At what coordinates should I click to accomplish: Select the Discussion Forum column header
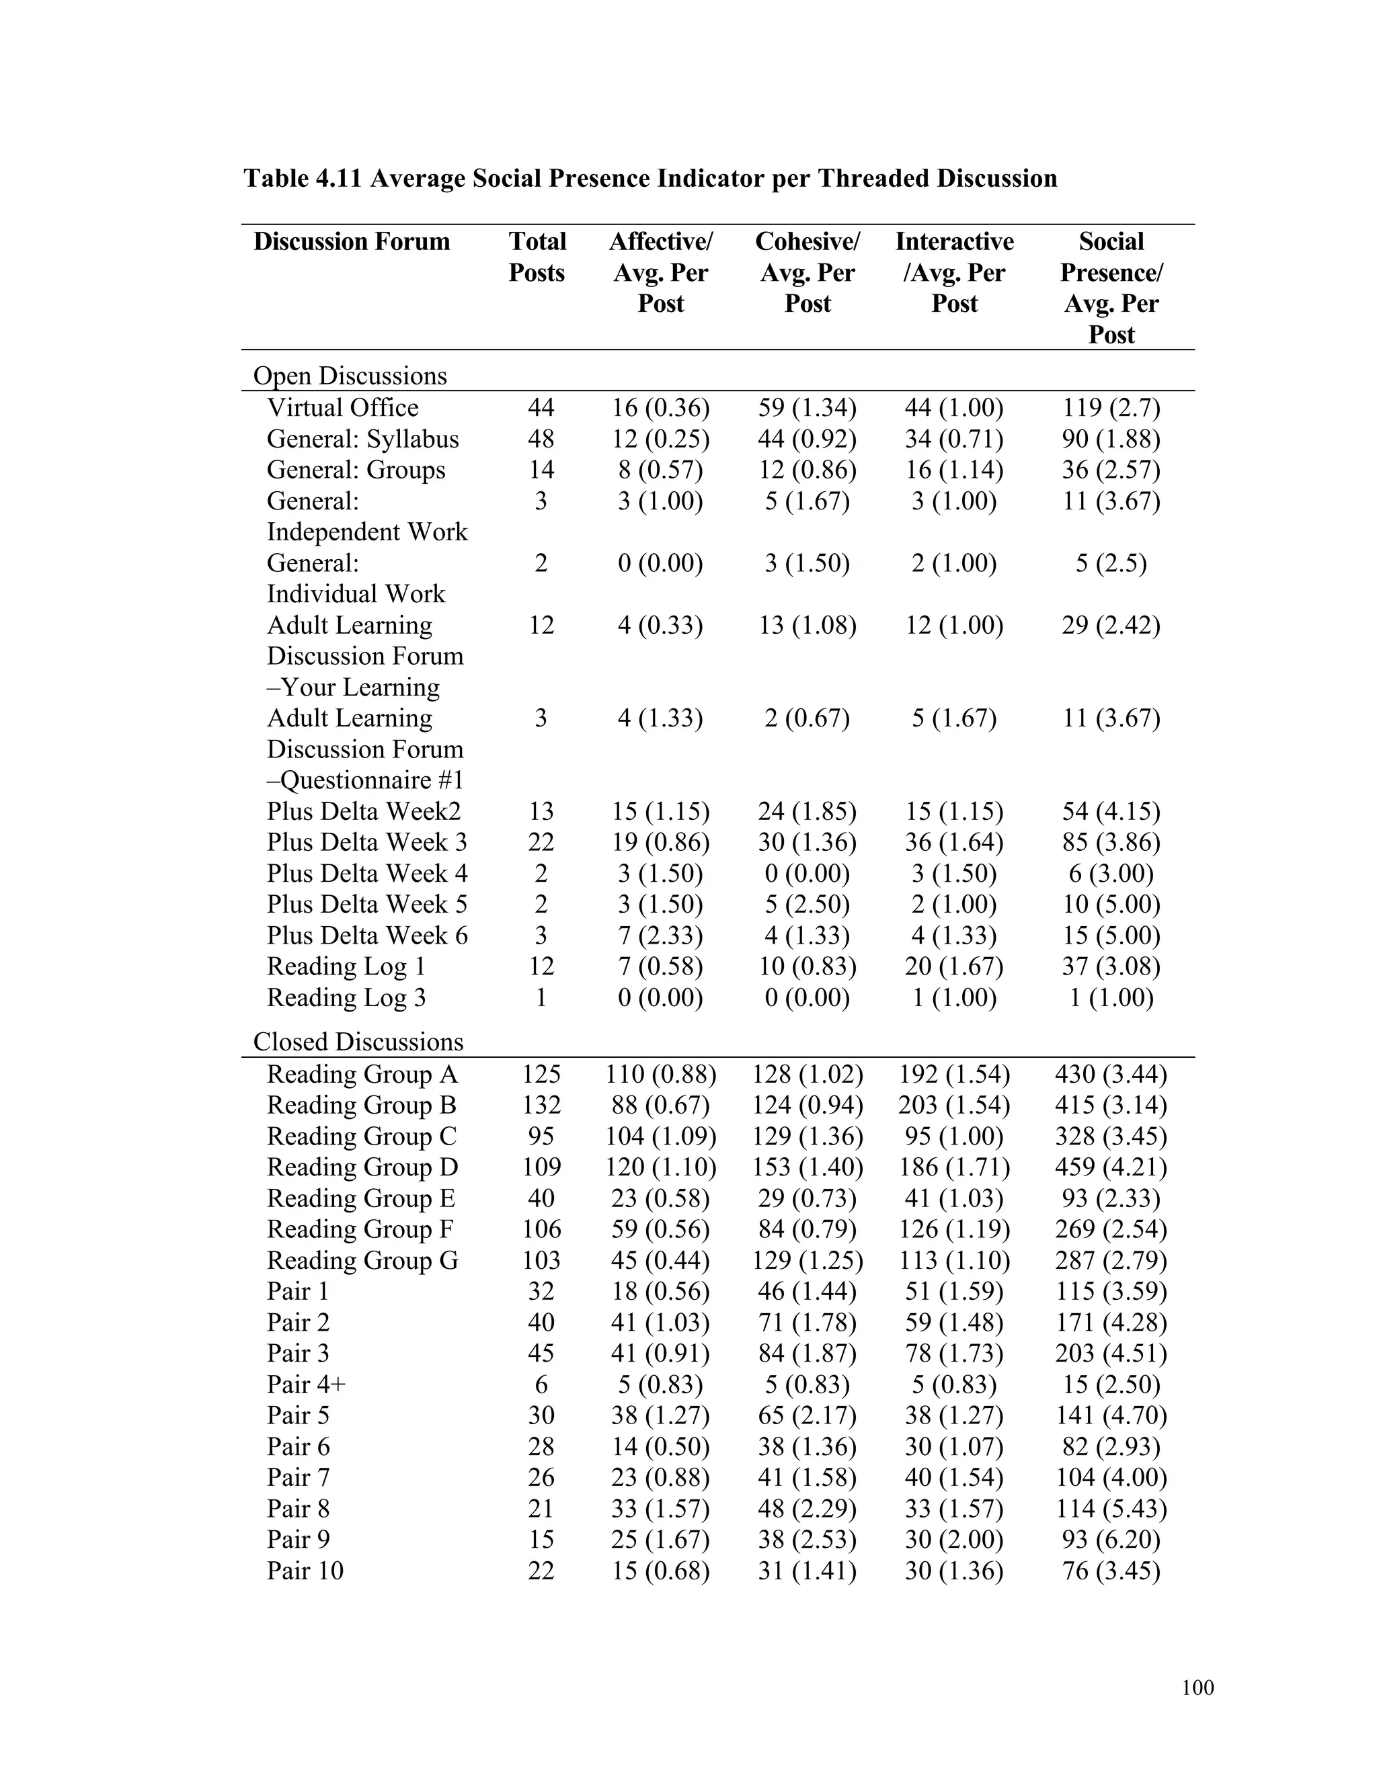[352, 242]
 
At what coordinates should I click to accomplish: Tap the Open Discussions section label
[350, 376]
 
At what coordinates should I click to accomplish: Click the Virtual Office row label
[343, 408]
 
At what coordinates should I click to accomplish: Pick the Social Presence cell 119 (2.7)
[1110, 408]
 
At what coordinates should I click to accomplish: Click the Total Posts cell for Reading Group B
[541, 1105]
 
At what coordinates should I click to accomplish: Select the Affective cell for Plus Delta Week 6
[660, 936]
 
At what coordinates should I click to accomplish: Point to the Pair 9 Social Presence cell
[1110, 1540]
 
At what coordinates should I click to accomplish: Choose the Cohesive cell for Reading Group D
[807, 1167]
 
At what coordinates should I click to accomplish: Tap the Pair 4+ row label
[306, 1384]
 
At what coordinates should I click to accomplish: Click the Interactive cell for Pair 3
[953, 1354]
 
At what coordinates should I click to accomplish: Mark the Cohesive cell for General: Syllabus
[807, 439]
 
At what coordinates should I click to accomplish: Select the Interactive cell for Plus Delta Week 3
[953, 842]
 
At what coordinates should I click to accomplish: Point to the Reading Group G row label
[362, 1261]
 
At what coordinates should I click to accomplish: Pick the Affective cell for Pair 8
[660, 1509]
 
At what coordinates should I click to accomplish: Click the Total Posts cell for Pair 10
[541, 1571]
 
